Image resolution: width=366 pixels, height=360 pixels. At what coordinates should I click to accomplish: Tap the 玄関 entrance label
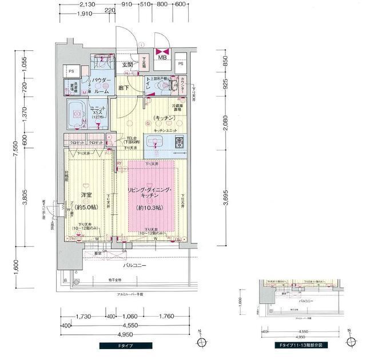point(127,65)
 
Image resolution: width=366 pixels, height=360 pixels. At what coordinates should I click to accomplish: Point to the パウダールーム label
point(103,86)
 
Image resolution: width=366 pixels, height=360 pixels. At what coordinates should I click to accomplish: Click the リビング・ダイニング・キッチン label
point(152,192)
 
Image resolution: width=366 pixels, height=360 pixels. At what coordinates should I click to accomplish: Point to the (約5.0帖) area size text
point(86,207)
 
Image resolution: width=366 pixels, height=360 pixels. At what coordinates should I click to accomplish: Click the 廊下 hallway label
point(124,87)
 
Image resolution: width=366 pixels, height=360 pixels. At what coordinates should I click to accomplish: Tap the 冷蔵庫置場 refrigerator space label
point(182,107)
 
